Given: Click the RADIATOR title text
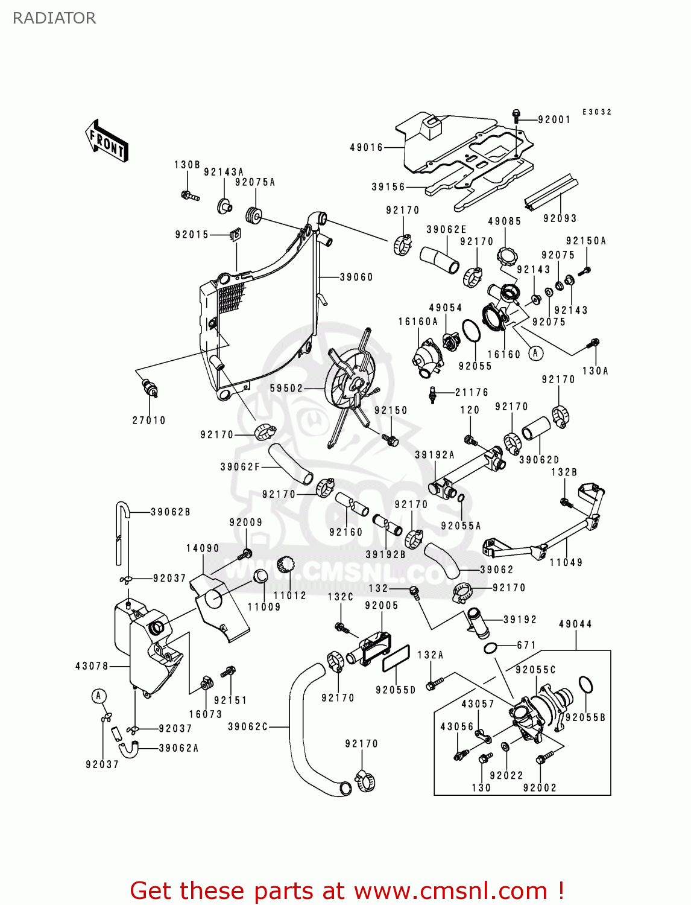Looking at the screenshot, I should click(54, 18).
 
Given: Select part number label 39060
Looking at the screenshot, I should click(356, 277).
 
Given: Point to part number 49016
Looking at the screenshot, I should click(367, 147).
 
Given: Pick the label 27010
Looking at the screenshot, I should click(149, 421).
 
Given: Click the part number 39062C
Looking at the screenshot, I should click(248, 727).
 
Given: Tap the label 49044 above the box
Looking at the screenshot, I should click(575, 624).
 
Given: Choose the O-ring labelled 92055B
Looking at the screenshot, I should click(585, 685).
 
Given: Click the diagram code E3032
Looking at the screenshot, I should click(597, 112).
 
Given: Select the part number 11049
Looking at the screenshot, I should click(566, 562).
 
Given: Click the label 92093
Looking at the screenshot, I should click(560, 218).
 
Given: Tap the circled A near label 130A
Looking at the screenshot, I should click(536, 353).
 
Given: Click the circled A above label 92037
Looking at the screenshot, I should click(99, 696).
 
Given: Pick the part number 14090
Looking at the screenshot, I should click(203, 548).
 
